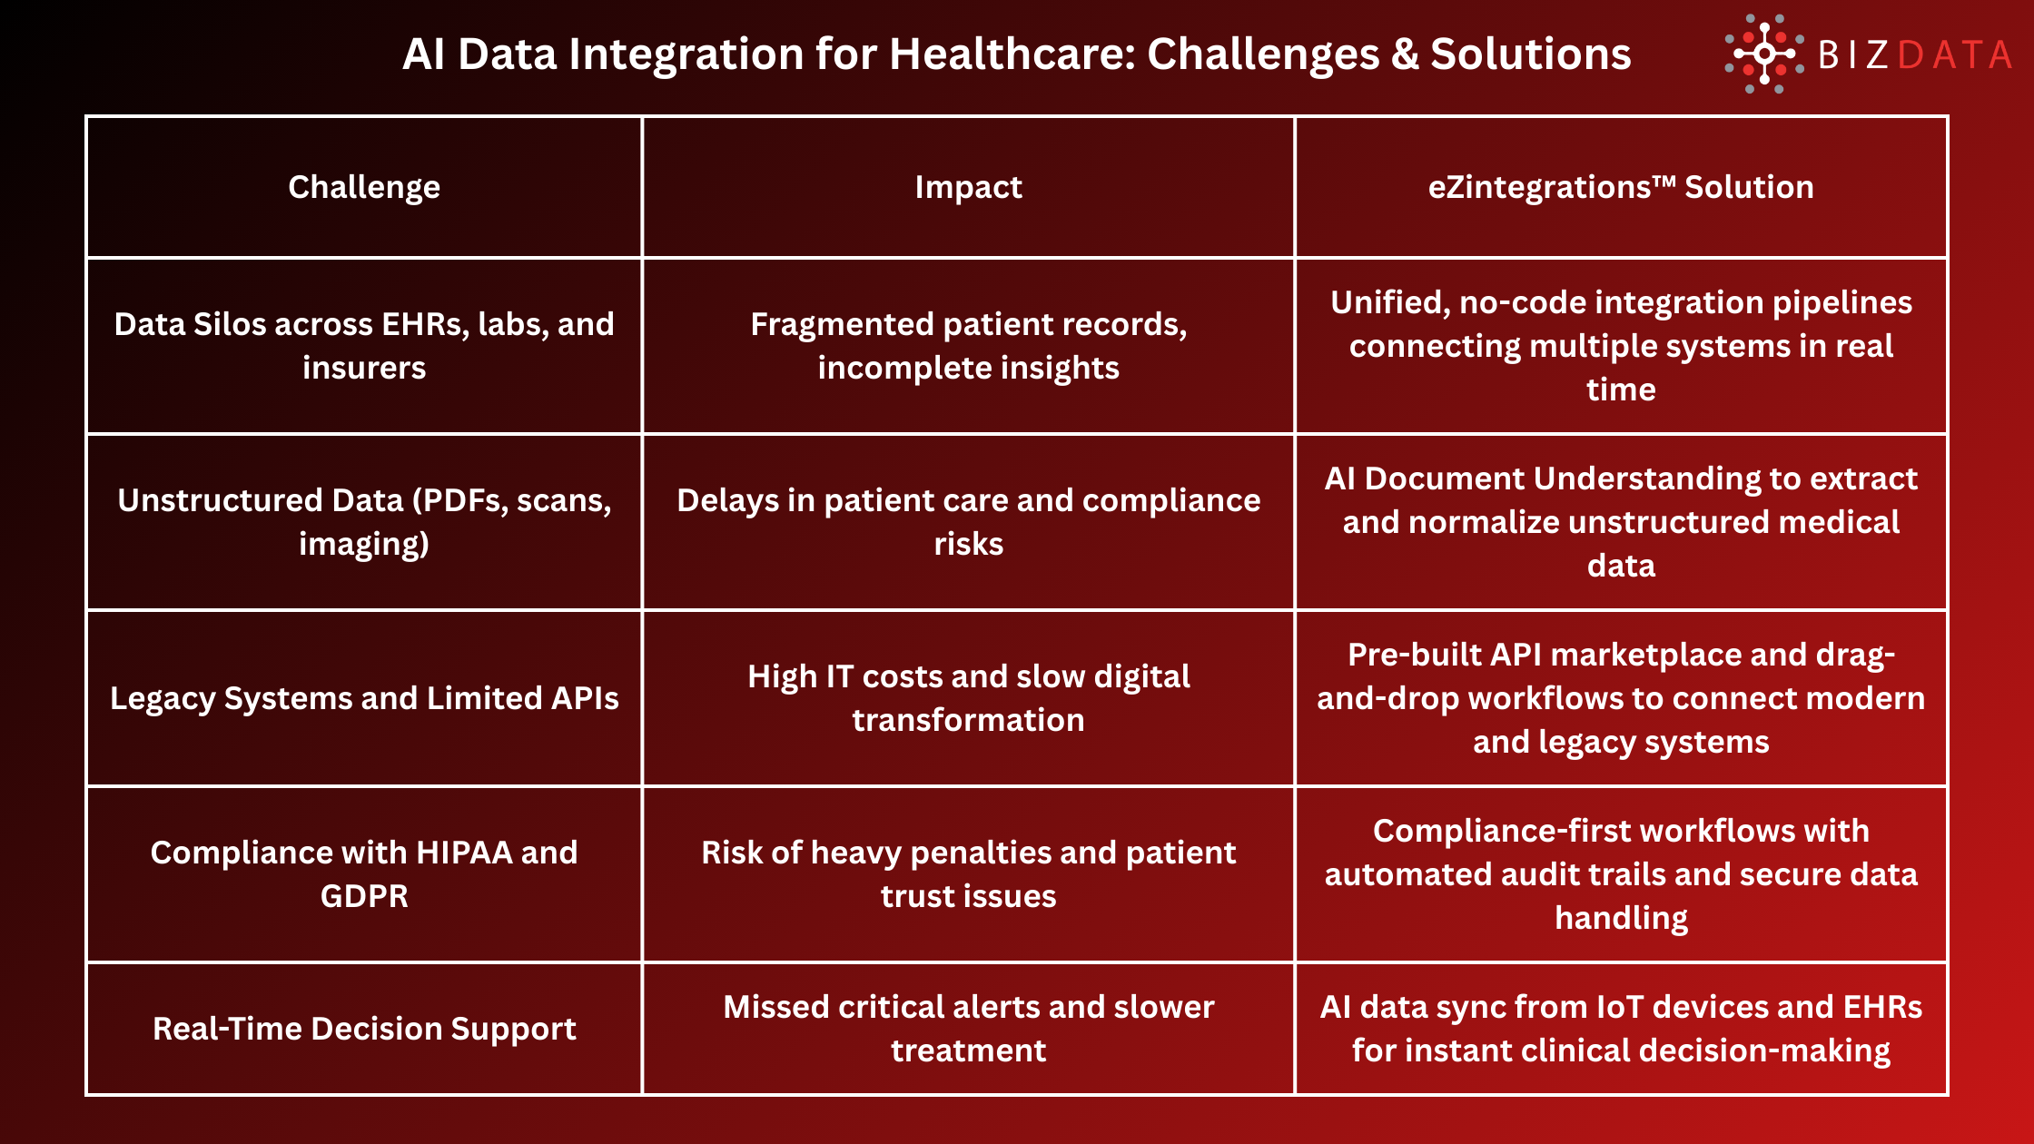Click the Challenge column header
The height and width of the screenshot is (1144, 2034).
click(364, 187)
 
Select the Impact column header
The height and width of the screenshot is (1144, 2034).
click(968, 187)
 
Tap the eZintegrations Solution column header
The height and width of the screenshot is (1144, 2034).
click(1621, 187)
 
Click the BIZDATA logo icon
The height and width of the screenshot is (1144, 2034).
click(1763, 54)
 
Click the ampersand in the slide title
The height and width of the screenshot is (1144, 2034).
click(1405, 54)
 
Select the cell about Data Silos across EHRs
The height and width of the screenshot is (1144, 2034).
click(364, 346)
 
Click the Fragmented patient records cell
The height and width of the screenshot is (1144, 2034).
click(968, 346)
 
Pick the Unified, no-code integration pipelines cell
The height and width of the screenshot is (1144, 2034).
click(1621, 346)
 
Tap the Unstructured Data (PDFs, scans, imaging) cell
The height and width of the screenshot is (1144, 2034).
click(364, 522)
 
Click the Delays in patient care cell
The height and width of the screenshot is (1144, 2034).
click(968, 522)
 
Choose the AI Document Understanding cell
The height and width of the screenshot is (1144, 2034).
click(1621, 522)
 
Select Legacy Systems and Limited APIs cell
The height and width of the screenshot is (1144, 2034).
click(364, 698)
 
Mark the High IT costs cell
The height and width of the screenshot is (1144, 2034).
click(968, 698)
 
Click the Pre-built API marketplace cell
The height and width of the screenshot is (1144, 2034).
click(1621, 698)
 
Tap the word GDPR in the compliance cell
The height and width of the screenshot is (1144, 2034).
click(364, 896)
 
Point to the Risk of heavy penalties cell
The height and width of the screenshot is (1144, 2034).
click(968, 873)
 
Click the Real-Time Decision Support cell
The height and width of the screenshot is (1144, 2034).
click(364, 1029)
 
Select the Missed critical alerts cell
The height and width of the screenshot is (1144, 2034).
click(968, 1029)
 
